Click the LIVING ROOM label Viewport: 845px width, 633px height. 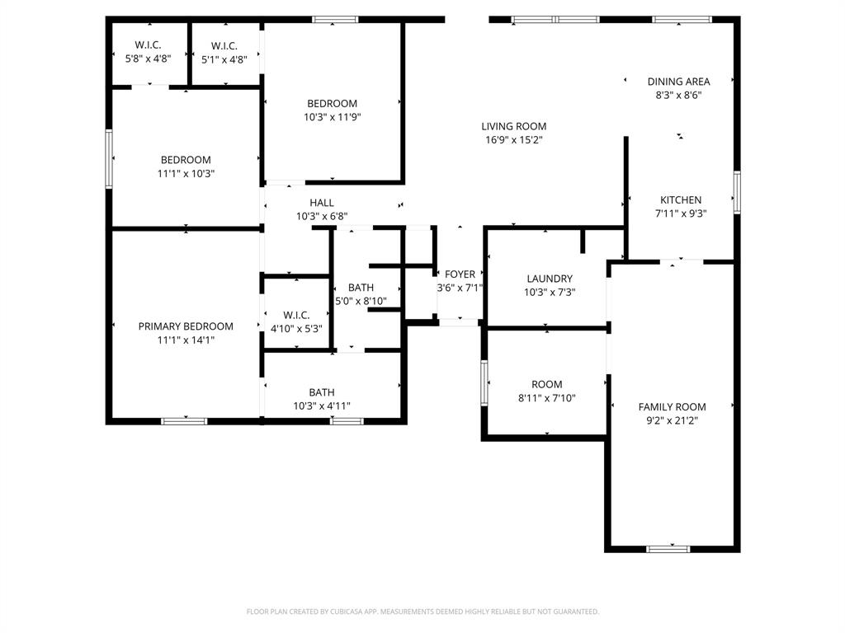pos(513,126)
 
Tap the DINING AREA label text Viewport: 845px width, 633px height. pos(678,82)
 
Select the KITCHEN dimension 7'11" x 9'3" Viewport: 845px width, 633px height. pos(681,213)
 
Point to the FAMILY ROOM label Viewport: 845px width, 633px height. pos(672,406)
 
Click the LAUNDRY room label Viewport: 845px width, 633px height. pos(549,279)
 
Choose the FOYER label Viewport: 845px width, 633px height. pos(460,274)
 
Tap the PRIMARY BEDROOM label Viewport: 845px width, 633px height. pos(186,326)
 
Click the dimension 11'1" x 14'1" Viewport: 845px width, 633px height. pos(186,340)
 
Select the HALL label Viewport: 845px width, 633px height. pos(322,203)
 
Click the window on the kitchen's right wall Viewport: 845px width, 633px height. pos(737,192)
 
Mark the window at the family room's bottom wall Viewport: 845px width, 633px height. pos(668,548)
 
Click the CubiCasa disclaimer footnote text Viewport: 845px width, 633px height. pos(422,612)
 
